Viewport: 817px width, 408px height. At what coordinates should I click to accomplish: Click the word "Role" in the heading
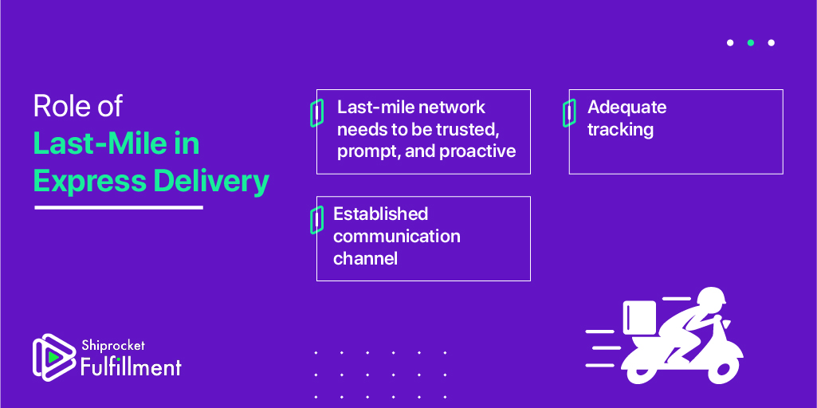(x=57, y=106)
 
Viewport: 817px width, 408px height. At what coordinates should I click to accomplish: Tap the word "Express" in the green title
(x=89, y=182)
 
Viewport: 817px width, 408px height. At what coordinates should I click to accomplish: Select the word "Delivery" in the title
(x=211, y=182)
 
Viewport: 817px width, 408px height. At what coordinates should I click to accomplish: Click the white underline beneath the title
(x=119, y=207)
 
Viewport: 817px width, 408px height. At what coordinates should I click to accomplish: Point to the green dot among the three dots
(x=751, y=43)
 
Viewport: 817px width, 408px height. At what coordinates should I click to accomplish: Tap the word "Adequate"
(x=626, y=108)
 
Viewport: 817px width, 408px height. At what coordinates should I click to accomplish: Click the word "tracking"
(x=621, y=129)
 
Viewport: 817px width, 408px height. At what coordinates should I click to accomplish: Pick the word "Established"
(x=380, y=214)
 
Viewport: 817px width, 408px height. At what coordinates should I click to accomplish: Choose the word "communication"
(x=397, y=236)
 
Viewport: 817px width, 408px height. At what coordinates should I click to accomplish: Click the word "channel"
(x=365, y=258)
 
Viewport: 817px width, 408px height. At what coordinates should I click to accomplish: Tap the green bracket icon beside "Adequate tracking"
(x=569, y=113)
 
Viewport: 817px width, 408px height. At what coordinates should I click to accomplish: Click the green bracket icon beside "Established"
(x=316, y=219)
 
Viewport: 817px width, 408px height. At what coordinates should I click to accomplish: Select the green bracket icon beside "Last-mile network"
(x=316, y=113)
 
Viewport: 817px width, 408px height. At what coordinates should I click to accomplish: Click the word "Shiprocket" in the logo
(x=113, y=345)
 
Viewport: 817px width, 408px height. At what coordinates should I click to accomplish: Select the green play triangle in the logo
(x=53, y=356)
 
